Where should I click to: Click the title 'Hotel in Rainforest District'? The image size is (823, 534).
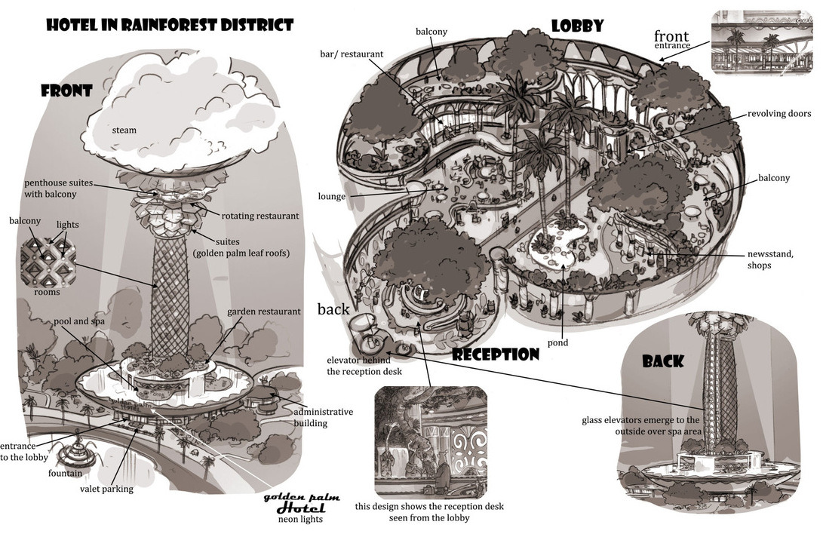tap(169, 25)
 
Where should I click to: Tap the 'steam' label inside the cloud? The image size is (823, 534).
tap(124, 130)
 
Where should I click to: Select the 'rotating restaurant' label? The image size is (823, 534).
tap(260, 216)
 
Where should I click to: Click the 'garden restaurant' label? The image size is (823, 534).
tap(264, 311)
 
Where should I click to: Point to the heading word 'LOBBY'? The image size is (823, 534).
tap(577, 26)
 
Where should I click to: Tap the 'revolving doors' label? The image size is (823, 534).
tap(779, 114)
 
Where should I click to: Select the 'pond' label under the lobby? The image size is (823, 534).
tap(558, 342)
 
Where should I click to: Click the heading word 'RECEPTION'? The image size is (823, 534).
tap(496, 354)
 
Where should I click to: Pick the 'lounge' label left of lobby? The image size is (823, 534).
tap(332, 196)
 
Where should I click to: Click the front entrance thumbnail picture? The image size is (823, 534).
tap(761, 42)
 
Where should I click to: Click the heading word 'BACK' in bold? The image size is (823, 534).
tap(663, 361)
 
